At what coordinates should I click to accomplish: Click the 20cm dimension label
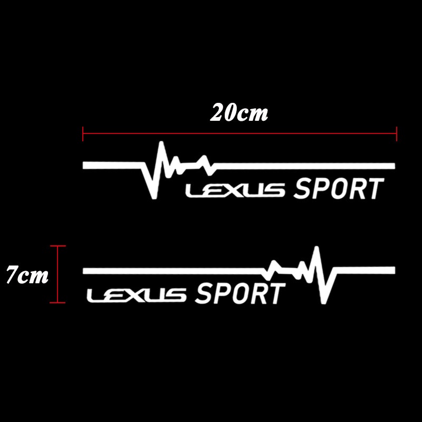pos(239,112)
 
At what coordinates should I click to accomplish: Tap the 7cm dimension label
pos(27,275)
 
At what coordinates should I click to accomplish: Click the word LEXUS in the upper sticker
pos(235,190)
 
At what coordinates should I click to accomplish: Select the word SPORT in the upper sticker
pos(338,189)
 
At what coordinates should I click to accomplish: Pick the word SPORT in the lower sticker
pos(239,294)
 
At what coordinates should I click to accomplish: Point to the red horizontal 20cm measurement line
pos(239,133)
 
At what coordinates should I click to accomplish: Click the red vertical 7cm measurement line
pos(57,274)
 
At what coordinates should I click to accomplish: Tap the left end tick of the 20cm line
pos(83,133)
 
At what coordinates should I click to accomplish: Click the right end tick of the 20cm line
pos(396,133)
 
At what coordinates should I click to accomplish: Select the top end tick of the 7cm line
pos(57,246)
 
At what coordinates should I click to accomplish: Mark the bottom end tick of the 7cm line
pos(57,303)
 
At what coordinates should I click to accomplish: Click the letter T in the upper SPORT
pos(373,189)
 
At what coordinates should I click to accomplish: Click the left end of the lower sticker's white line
pos(85,271)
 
